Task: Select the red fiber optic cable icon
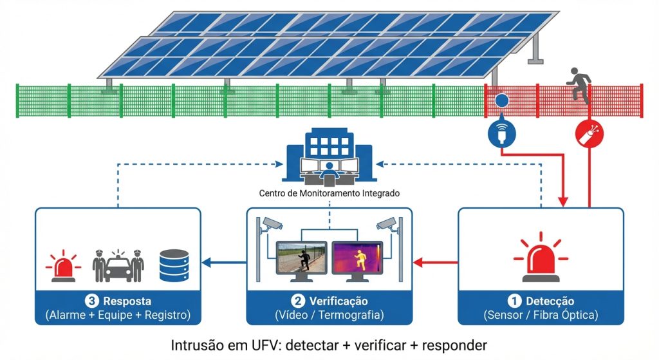(x=589, y=134)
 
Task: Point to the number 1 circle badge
(x=514, y=301)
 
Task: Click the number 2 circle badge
(x=298, y=301)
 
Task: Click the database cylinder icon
(x=174, y=264)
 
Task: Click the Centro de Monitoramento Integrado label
(x=329, y=193)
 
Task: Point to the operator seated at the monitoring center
(x=329, y=171)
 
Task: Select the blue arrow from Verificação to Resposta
(x=224, y=262)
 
